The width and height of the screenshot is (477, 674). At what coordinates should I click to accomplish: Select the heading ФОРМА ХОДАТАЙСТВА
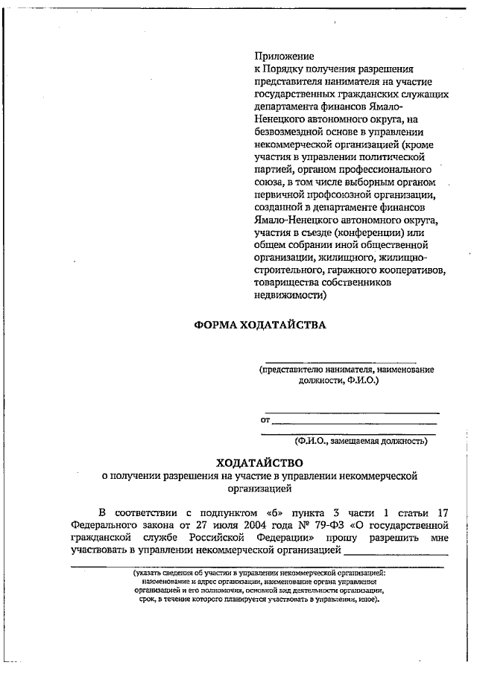tap(260, 325)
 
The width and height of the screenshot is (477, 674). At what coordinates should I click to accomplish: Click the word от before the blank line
tap(265, 421)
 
